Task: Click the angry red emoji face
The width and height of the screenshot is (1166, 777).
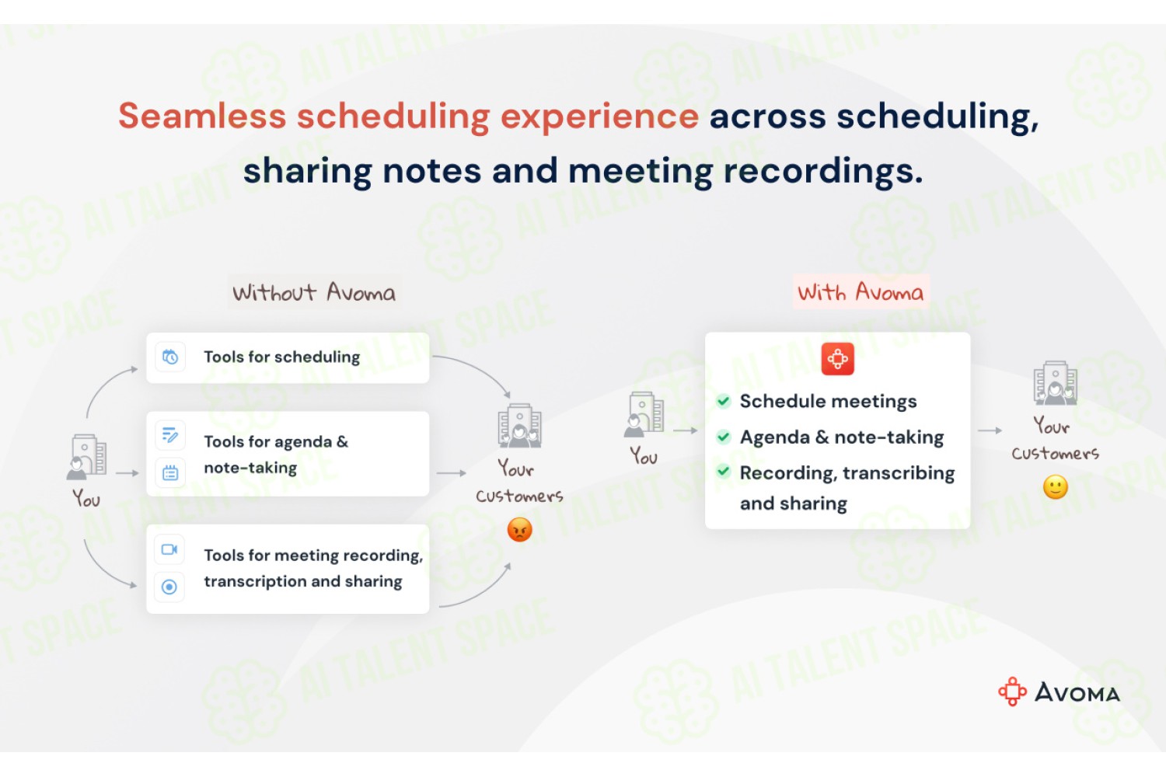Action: click(519, 530)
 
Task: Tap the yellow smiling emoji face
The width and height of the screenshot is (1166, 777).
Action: click(1055, 487)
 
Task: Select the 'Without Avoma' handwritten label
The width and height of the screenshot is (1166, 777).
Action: click(314, 292)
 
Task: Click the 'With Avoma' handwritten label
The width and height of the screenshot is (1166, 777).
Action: click(861, 291)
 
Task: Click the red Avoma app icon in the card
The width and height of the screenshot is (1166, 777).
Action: click(837, 358)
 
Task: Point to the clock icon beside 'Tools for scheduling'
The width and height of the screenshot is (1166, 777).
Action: click(170, 357)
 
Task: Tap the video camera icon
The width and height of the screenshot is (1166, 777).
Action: click(169, 549)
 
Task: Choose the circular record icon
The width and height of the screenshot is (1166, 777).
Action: click(169, 587)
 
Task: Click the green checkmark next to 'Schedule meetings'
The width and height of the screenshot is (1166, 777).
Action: click(723, 401)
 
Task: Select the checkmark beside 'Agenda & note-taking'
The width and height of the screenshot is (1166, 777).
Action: click(723, 437)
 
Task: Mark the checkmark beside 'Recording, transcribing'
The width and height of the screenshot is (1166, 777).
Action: click(723, 472)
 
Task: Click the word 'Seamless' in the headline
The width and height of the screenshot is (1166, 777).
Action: click(202, 116)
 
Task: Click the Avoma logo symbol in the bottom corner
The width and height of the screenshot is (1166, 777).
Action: click(1012, 692)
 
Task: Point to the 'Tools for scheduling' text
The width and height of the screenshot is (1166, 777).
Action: click(281, 357)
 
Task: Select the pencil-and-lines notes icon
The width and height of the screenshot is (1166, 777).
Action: click(169, 435)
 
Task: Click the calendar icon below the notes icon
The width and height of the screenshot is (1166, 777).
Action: click(170, 473)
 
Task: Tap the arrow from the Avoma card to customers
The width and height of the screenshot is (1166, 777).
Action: click(990, 430)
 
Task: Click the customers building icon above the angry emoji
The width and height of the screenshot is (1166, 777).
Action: click(519, 426)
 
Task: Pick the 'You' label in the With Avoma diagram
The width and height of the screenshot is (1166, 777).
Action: click(644, 456)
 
